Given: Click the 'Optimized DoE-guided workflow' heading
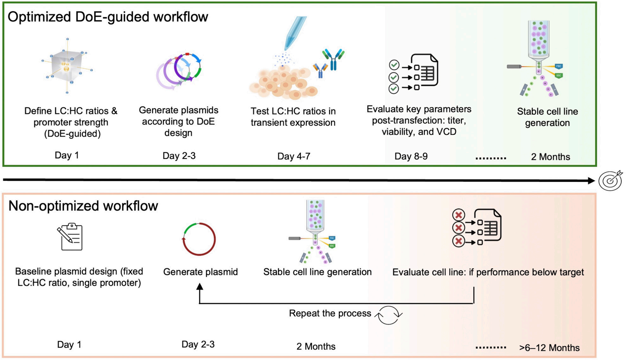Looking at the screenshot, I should [108, 17].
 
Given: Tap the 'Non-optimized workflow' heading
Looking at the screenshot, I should [83, 206].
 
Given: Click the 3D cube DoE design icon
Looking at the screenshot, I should [67, 66].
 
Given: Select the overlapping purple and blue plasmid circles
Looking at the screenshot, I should [179, 71].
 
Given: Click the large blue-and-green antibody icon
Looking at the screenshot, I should [333, 59].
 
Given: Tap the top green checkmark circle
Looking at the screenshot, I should [394, 65].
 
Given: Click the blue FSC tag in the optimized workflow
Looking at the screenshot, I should [559, 66].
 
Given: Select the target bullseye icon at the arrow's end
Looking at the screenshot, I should [610, 181].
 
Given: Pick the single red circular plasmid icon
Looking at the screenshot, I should [199, 239].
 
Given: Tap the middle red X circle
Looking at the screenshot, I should [458, 228].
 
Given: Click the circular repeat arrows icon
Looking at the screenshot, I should [389, 315].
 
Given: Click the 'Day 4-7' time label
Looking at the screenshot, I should [294, 156].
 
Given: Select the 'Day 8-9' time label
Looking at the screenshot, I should [411, 156].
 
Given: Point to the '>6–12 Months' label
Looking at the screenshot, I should [549, 348].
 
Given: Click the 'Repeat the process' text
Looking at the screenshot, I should [330, 313].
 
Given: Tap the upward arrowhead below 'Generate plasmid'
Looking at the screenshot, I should [199, 287].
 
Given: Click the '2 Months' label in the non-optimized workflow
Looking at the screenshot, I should [316, 346].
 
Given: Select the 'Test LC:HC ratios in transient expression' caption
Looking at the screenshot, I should [293, 117].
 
